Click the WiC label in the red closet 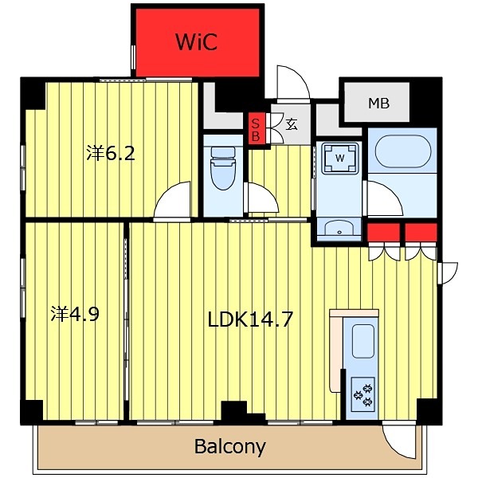[x=197, y=41]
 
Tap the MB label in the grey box [x=378, y=104]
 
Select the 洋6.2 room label [x=111, y=153]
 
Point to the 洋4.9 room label [x=75, y=314]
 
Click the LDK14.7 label [x=250, y=319]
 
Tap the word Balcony [x=230, y=447]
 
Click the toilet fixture [x=223, y=168]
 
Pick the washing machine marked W [x=339, y=158]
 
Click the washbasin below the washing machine [x=339, y=227]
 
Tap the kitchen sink [x=362, y=341]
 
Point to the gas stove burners [x=363, y=395]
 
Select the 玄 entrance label [x=292, y=124]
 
